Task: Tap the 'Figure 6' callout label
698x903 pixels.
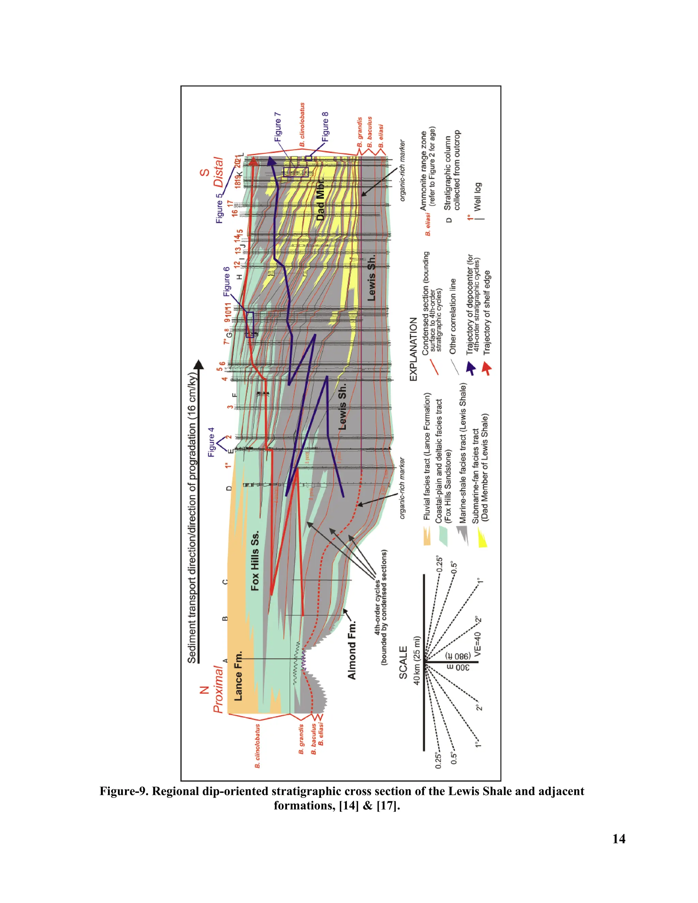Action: (x=227, y=281)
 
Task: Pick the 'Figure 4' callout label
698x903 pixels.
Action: (x=211, y=442)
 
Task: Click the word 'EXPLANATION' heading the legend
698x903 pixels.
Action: (x=413, y=349)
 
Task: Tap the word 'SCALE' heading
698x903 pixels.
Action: (x=403, y=662)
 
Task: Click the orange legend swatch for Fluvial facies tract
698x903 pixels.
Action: (x=427, y=536)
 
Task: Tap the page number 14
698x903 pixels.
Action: (x=619, y=839)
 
